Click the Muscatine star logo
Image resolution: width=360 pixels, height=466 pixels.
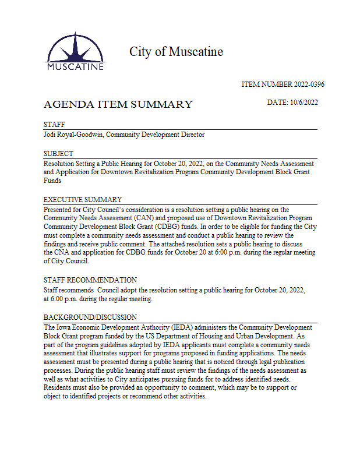pos(75,48)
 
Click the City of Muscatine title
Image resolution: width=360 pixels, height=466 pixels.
pos(176,52)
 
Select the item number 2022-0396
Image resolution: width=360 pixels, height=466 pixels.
pos(283,84)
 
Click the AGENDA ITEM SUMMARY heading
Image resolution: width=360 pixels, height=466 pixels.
pos(118,105)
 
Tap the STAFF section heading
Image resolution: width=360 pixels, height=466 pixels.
pos(54,125)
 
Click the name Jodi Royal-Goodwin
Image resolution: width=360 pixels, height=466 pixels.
pos(74,135)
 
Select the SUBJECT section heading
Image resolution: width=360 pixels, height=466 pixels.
pos(58,154)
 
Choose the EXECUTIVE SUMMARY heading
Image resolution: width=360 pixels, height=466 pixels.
pos(83,200)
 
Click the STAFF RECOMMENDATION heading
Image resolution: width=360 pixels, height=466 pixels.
pos(90,280)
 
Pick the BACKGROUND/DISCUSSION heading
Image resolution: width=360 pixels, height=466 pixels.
pos(90,317)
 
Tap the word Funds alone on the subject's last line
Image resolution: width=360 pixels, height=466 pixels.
pos(52,181)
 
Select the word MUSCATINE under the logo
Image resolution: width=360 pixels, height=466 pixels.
pos(75,66)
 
